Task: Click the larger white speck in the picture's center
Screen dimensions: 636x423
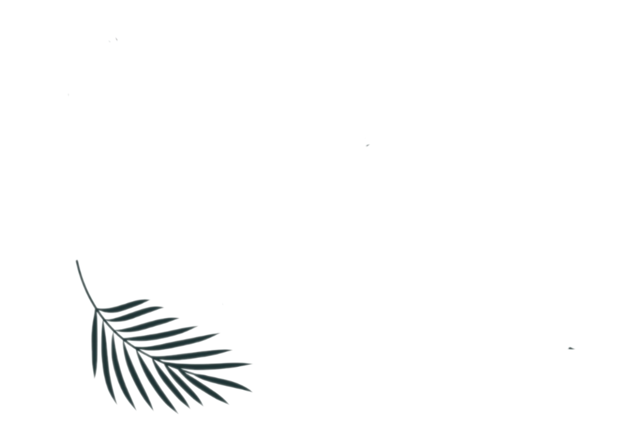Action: (x=368, y=145)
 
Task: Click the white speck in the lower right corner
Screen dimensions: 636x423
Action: (x=572, y=349)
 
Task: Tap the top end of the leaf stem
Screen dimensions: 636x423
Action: (x=77, y=261)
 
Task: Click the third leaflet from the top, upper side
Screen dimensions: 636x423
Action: (x=149, y=320)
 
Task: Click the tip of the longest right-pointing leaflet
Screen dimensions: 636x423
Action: (x=253, y=364)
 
